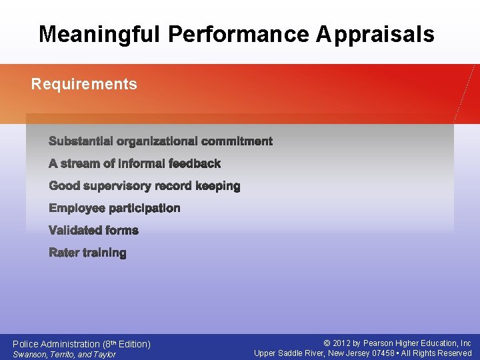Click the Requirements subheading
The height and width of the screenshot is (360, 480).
coord(84,84)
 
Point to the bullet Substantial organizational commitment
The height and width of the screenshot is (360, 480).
coord(161,141)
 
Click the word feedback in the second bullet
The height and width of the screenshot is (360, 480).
coord(195,163)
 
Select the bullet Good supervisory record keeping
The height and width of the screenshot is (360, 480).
coord(145,186)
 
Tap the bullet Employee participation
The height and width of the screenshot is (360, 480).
coord(115,208)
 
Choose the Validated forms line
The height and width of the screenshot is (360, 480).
coord(94,231)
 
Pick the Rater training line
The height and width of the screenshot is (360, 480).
coord(87,253)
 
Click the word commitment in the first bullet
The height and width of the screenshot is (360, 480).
coord(237,141)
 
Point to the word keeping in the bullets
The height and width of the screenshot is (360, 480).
coord(218,186)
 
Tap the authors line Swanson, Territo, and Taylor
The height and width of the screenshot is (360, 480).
coord(64,355)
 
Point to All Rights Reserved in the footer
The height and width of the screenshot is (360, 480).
coord(437,353)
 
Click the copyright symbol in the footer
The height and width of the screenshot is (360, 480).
coord(327,343)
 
